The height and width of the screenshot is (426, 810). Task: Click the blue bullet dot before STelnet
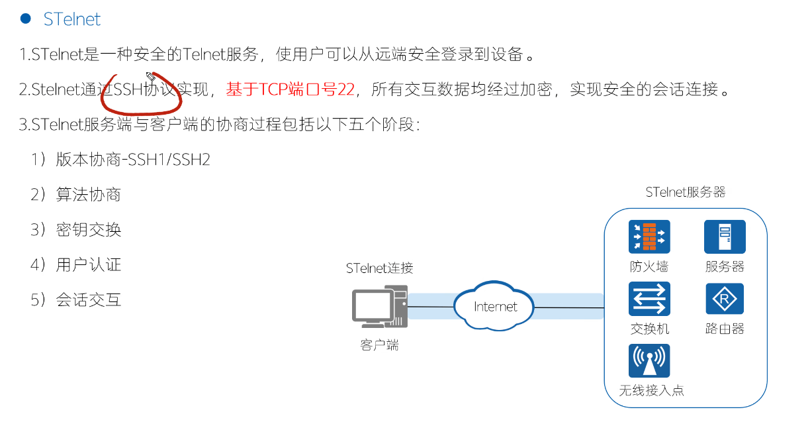click(26, 19)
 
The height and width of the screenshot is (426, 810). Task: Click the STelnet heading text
click(71, 19)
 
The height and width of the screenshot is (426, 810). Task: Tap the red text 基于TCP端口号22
click(291, 89)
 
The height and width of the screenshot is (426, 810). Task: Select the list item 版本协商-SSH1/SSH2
click(133, 160)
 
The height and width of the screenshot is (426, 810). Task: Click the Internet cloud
click(495, 307)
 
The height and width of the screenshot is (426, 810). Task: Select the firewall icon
click(649, 237)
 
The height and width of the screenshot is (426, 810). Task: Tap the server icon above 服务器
click(725, 237)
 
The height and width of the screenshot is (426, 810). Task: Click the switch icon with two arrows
click(649, 299)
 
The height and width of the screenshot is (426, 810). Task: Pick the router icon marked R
click(725, 299)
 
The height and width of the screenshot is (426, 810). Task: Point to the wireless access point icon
click(649, 361)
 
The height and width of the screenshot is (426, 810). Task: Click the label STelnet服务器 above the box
click(686, 192)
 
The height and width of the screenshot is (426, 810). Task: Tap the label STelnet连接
click(379, 268)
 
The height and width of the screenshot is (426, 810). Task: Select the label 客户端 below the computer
click(380, 345)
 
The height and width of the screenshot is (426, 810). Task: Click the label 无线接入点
click(651, 390)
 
